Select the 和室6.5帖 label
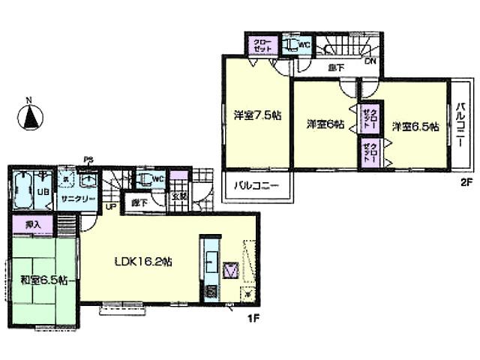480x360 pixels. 37,280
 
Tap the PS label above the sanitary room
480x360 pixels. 88,159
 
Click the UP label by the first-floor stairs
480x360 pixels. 110,206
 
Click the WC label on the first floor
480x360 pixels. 158,179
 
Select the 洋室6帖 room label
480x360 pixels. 324,123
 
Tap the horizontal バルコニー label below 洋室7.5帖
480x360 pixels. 255,184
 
